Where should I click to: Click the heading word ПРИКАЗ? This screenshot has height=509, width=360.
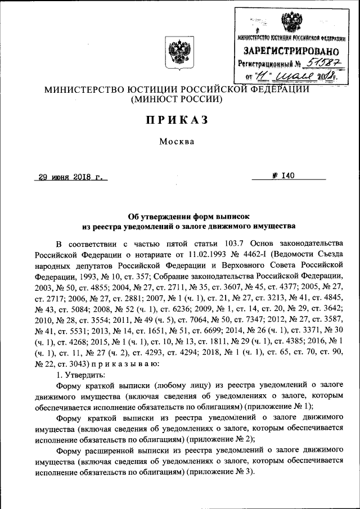click(x=177, y=120)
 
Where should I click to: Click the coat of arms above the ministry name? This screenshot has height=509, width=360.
click(x=177, y=51)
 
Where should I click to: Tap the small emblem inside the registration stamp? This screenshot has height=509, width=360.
click(x=291, y=23)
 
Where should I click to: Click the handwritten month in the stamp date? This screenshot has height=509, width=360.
click(x=298, y=76)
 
